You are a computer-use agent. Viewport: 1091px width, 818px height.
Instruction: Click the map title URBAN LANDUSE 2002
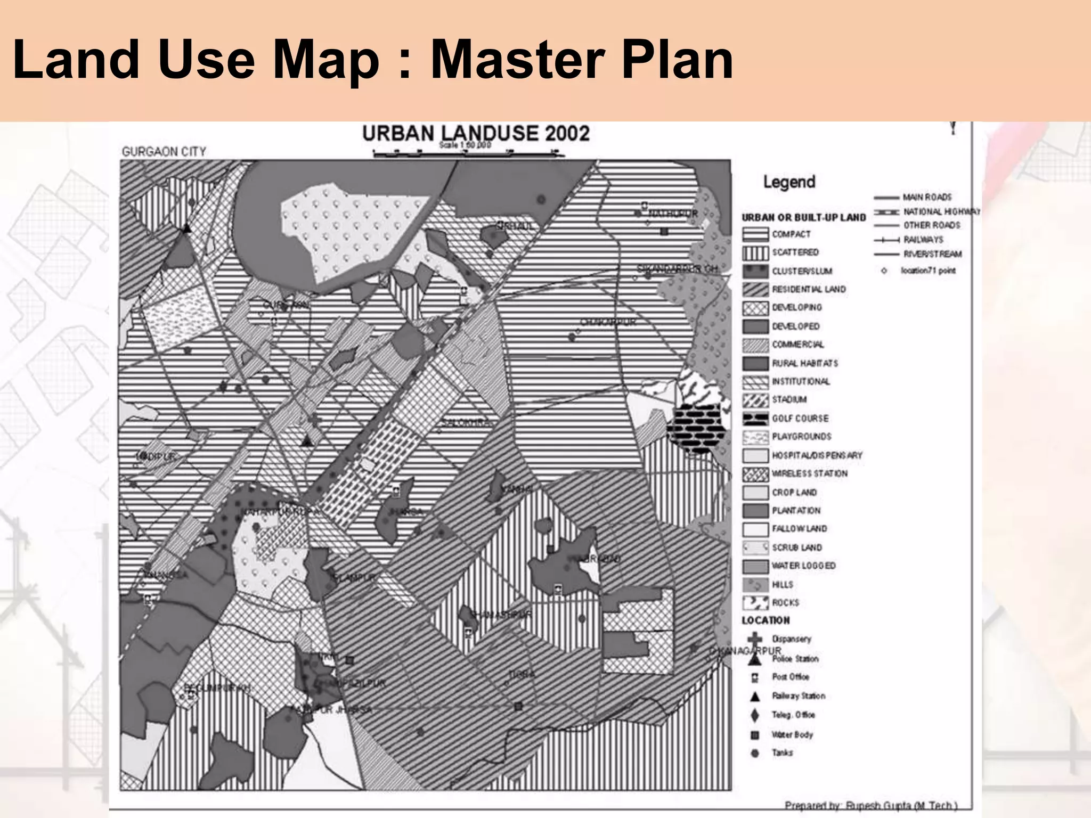[x=476, y=133]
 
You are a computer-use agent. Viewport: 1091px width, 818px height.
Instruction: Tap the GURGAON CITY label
[x=164, y=152]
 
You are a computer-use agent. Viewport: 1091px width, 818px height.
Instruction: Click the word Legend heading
[x=789, y=182]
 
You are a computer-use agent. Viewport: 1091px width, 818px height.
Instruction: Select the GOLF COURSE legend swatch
[x=755, y=419]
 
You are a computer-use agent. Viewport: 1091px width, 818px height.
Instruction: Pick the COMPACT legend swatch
[x=755, y=234]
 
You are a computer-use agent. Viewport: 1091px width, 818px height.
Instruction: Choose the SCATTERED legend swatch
[x=755, y=253]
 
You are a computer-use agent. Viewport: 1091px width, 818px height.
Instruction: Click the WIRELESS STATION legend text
[x=809, y=473]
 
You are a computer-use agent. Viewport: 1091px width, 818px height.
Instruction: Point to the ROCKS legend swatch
[x=755, y=603]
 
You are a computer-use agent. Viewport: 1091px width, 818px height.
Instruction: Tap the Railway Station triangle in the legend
[x=755, y=696]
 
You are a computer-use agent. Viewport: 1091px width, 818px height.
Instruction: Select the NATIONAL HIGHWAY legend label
[x=941, y=212]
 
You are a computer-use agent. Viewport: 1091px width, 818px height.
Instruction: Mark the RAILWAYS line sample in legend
[x=886, y=240]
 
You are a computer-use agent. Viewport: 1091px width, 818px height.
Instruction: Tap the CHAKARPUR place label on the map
[x=608, y=323]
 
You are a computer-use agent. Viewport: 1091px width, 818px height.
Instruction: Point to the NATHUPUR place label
[x=672, y=214]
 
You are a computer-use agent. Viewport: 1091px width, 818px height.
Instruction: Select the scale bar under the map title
[x=468, y=154]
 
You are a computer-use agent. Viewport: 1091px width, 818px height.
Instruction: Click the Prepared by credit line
[x=870, y=805]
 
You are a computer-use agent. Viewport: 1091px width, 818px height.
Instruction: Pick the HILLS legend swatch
[x=755, y=585]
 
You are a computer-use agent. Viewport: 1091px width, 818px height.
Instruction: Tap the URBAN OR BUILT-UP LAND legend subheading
[x=803, y=217]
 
